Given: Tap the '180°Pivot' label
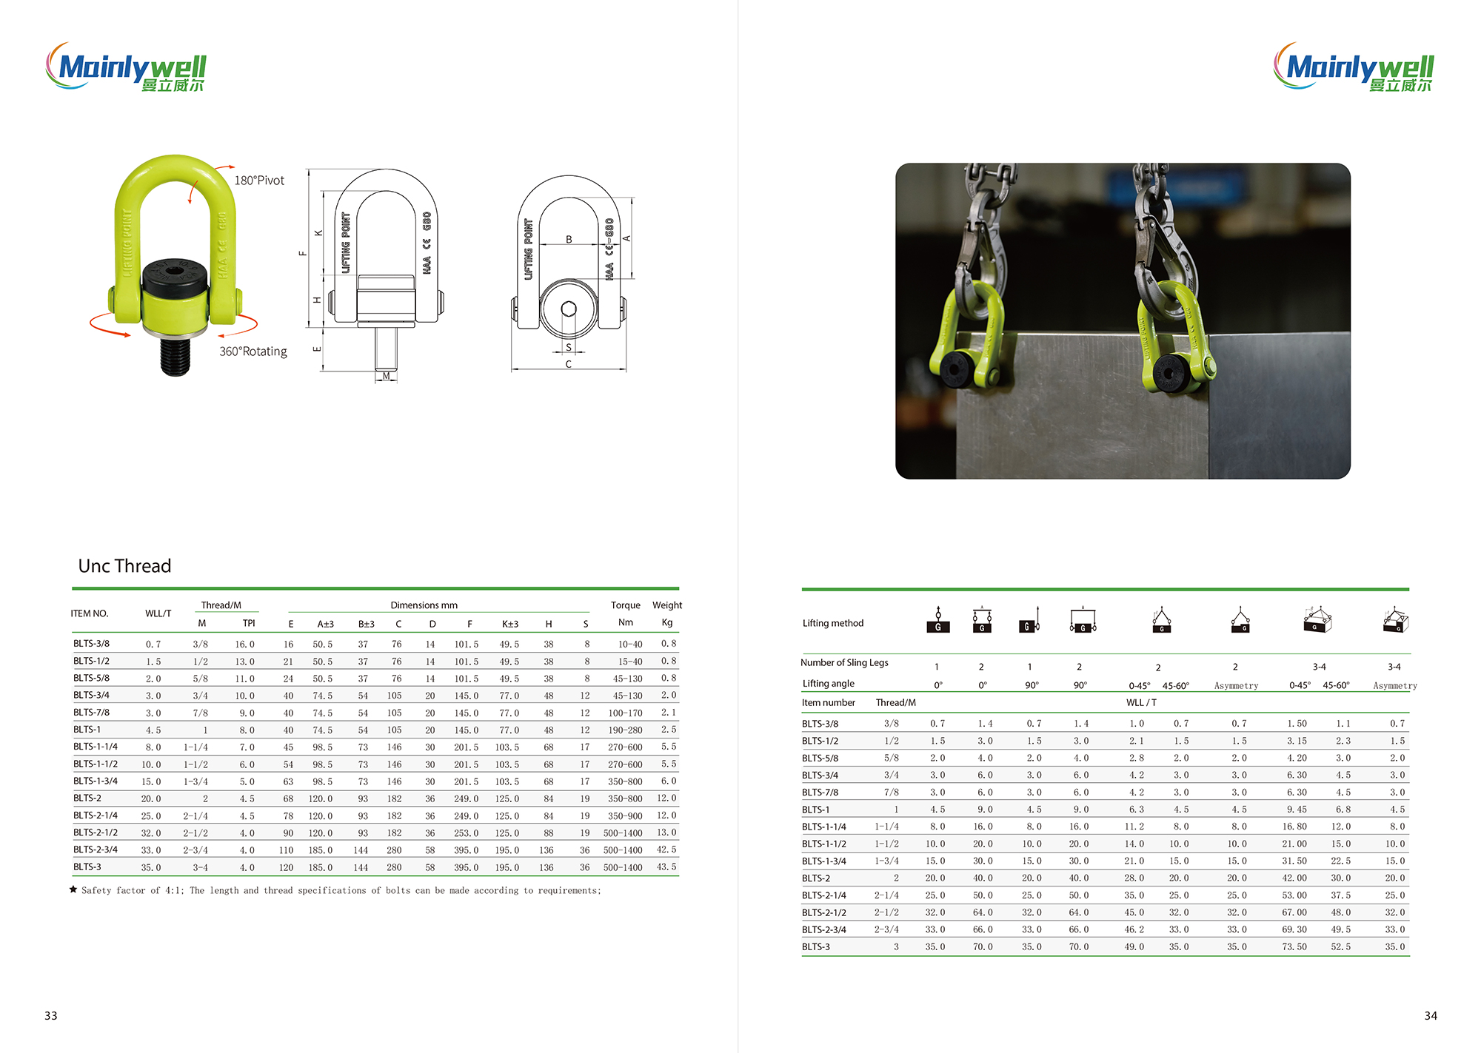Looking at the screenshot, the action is click(259, 181).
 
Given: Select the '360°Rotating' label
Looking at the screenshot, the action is click(253, 351).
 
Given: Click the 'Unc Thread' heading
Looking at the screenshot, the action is click(124, 566).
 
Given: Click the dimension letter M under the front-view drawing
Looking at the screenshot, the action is click(386, 376).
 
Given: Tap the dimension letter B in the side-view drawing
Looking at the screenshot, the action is click(569, 239).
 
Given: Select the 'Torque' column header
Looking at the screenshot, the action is click(626, 605).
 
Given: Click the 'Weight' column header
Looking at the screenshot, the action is click(667, 605).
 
